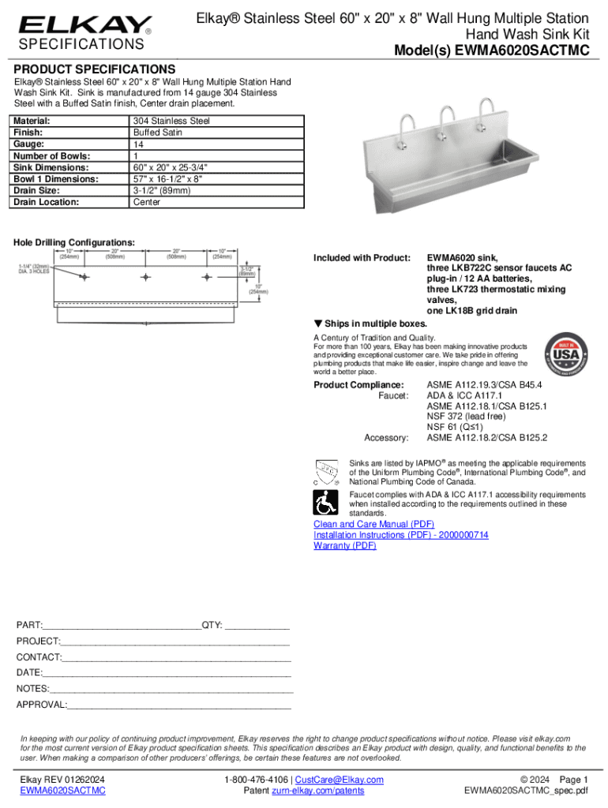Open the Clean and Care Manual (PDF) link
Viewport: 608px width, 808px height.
373,524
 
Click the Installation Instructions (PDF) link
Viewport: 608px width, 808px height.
401,535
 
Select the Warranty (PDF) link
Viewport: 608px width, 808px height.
345,545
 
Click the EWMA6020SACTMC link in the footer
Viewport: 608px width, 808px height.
62,791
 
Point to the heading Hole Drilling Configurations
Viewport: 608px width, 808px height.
74,241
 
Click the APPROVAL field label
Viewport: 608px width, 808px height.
42,704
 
